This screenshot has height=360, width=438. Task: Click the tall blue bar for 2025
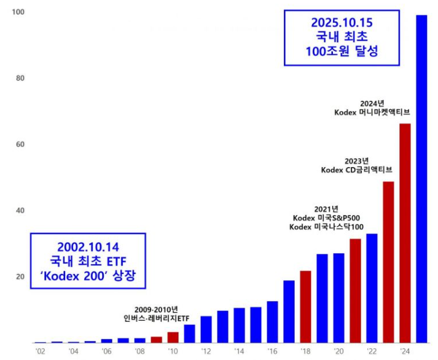coord(421,178)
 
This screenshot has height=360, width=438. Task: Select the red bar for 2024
coord(405,233)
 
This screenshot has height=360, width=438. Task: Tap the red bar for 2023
coord(388,262)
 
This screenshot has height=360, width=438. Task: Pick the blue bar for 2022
coord(372,288)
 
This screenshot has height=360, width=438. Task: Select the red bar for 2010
coord(173,337)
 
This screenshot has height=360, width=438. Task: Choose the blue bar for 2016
coord(272,321)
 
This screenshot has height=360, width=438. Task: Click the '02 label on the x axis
coord(41,351)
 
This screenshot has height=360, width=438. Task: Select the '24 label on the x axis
coord(405,351)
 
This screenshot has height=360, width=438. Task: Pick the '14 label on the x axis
coord(239,351)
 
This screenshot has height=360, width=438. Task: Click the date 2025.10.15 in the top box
coord(342,23)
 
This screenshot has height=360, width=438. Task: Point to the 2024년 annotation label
coord(372,102)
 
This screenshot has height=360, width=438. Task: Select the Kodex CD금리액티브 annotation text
coord(356,170)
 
